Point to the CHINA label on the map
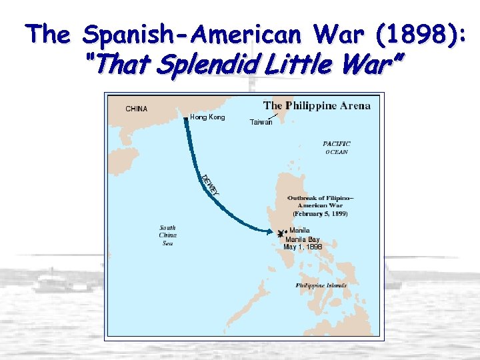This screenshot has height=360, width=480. click(137, 109)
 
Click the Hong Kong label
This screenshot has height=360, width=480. click(207, 117)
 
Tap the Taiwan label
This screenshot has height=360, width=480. click(261, 122)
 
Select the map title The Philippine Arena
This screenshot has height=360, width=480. click(317, 105)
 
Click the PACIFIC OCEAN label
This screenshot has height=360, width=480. click(336, 147)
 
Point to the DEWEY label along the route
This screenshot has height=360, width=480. click(210, 184)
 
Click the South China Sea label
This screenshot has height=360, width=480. click(167, 235)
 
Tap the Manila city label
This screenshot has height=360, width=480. click(299, 231)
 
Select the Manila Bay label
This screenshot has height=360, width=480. click(302, 239)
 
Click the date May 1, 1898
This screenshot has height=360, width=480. click(303, 247)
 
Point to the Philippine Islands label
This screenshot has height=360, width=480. click(321, 285)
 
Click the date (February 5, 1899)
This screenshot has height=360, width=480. click(320, 214)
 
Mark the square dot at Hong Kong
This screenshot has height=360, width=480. click(185, 118)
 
